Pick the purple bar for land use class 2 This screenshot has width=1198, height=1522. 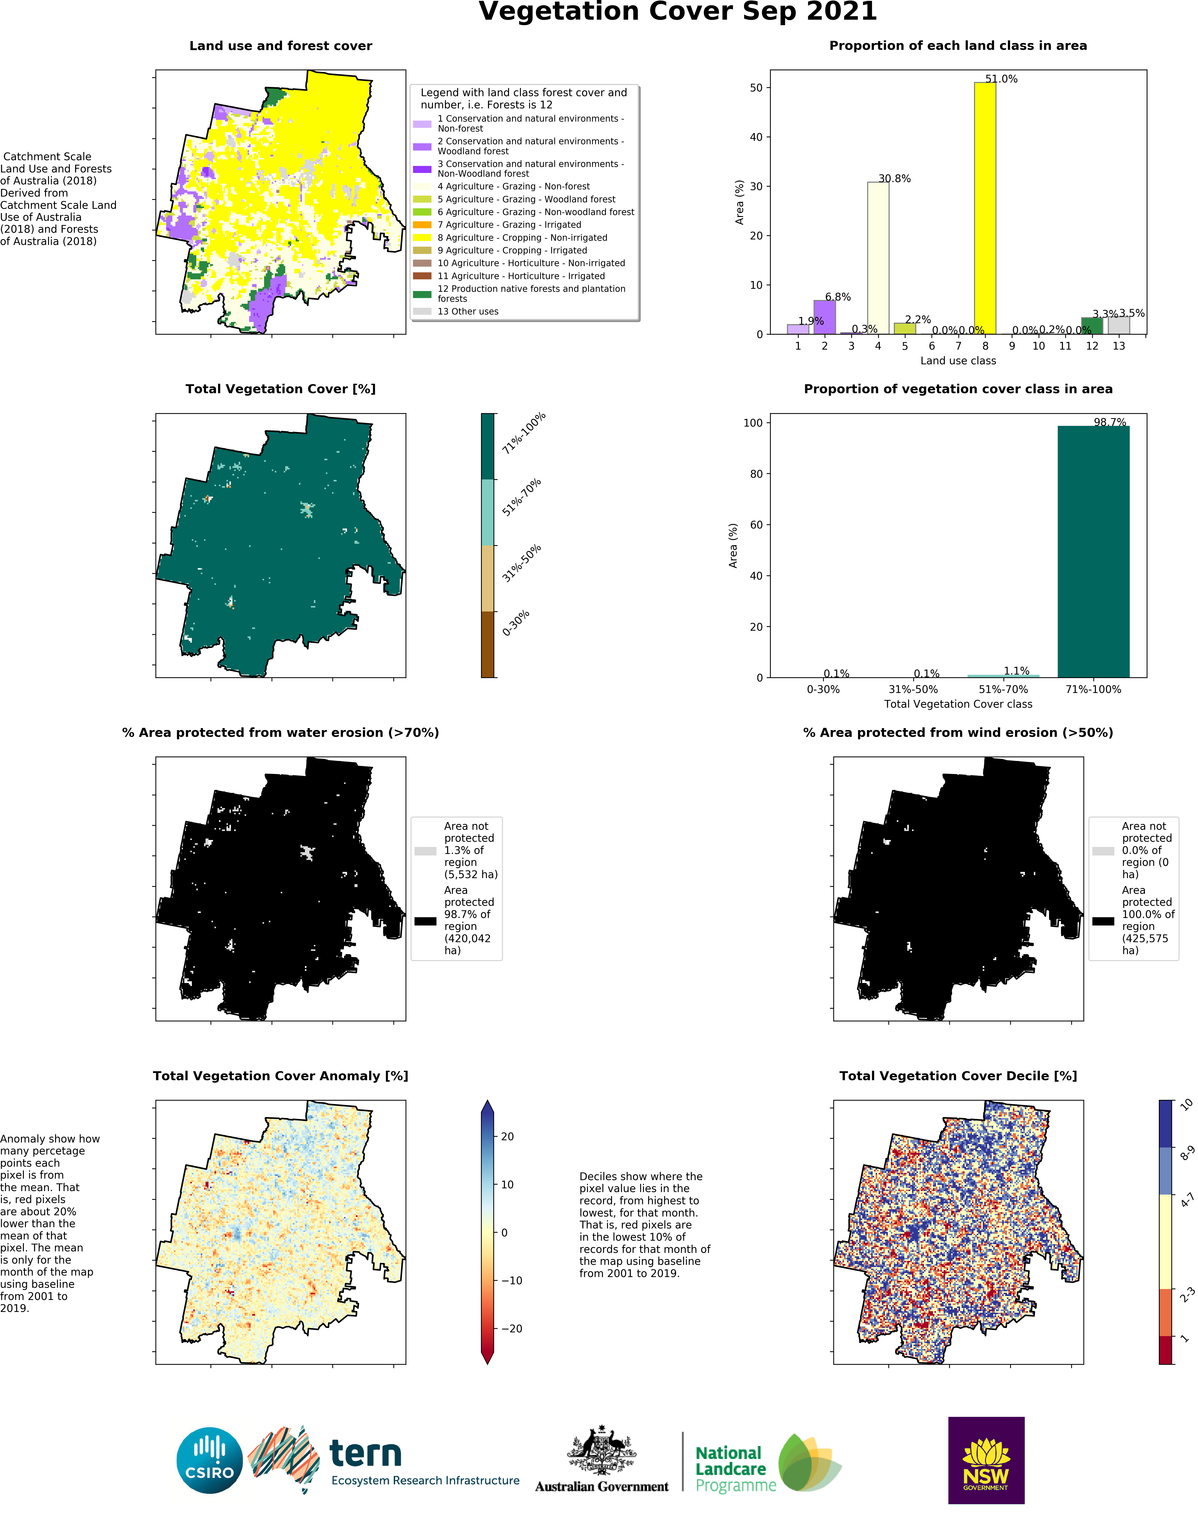(x=824, y=317)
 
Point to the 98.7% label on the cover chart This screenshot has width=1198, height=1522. (x=1110, y=422)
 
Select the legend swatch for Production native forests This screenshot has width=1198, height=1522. (x=422, y=294)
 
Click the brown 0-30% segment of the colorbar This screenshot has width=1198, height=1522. (x=488, y=644)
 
